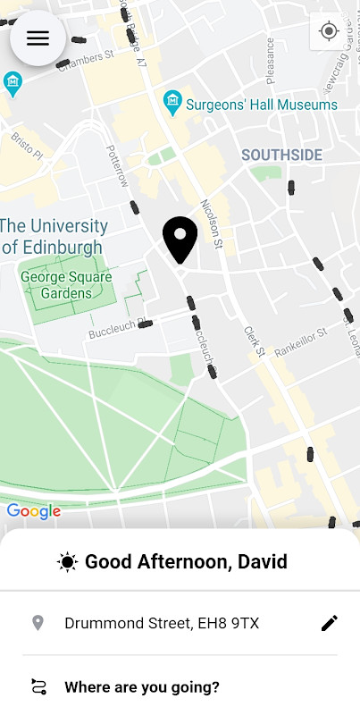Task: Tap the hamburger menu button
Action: (x=38, y=38)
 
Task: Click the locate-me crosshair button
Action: (x=329, y=31)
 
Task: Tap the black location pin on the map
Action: (x=180, y=239)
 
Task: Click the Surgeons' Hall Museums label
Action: (x=262, y=105)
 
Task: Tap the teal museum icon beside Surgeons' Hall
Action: (x=172, y=104)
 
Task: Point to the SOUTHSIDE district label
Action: (x=281, y=156)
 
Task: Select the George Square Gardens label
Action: (x=67, y=285)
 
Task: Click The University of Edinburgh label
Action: (x=54, y=236)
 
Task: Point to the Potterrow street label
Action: (x=118, y=166)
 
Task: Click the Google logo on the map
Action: (x=33, y=511)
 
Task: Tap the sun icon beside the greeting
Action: (x=67, y=562)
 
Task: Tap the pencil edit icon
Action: (x=330, y=623)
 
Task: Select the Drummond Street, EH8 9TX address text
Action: (x=162, y=623)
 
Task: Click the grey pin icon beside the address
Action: (x=38, y=623)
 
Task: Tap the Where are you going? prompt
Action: (x=142, y=687)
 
